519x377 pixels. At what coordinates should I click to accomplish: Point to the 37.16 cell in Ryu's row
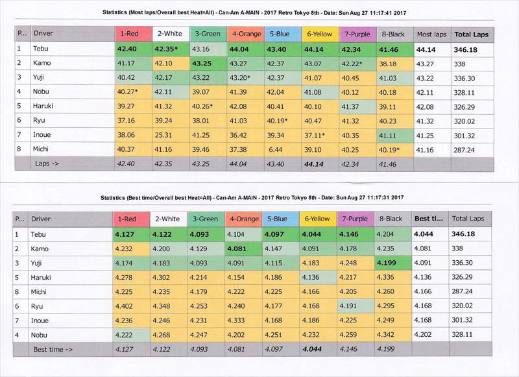[126, 121]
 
